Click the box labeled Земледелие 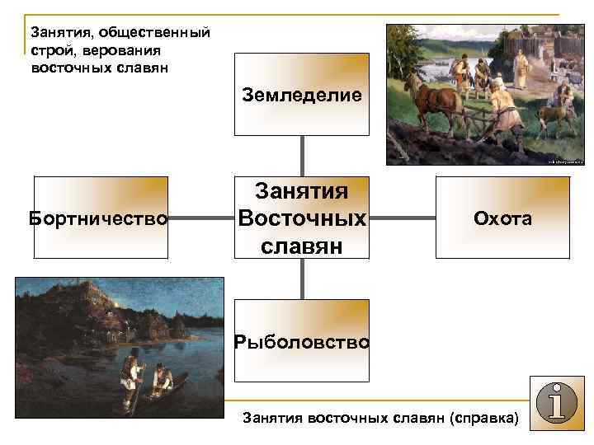302,95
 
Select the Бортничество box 98,218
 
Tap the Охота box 502,218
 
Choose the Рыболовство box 302,340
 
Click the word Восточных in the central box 302,219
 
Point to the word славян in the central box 302,246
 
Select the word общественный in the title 153,33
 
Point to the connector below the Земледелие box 302,157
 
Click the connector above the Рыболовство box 302,280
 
